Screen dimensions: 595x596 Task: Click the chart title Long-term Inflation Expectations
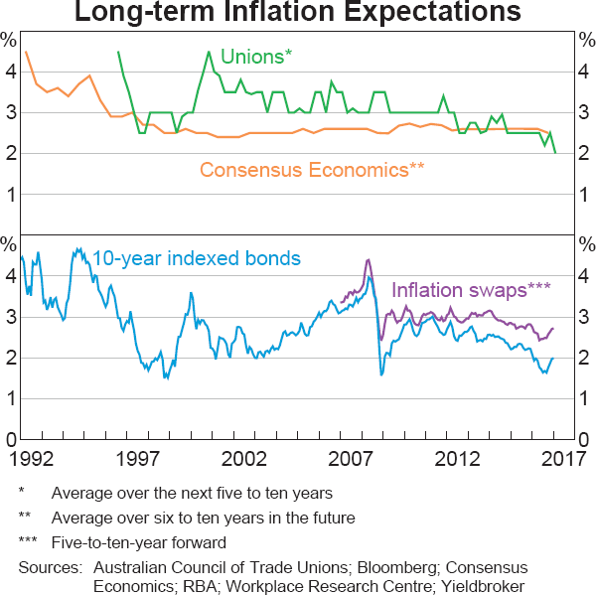coord(298,14)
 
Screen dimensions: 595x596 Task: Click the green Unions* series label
coord(256,57)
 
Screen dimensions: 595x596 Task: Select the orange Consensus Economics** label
coord(312,169)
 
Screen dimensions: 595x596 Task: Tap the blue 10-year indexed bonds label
coord(196,258)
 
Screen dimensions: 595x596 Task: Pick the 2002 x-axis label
coord(244,461)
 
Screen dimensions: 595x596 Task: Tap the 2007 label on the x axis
coord(352,461)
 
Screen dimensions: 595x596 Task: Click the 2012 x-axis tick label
coord(459,461)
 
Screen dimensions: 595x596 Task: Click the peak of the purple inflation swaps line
coord(369,260)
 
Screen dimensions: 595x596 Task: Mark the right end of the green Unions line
coord(554,152)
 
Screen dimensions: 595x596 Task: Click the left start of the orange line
coord(26,52)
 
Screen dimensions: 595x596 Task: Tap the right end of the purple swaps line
coord(553,329)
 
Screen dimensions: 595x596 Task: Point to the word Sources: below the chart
coord(50,567)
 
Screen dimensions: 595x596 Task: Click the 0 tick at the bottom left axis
coord(9,440)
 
